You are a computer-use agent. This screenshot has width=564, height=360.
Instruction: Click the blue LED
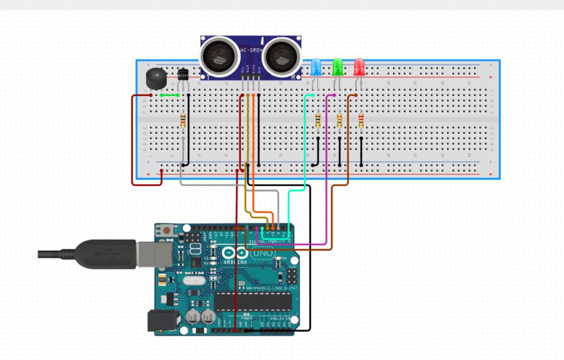click(x=316, y=67)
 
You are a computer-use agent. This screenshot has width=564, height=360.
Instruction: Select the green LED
click(x=338, y=67)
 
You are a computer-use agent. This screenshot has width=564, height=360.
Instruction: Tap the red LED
click(x=359, y=67)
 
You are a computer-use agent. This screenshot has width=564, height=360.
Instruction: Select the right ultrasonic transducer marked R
click(x=282, y=55)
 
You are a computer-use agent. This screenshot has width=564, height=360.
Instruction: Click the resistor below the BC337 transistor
click(x=183, y=120)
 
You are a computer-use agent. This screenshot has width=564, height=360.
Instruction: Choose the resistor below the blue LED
click(x=318, y=119)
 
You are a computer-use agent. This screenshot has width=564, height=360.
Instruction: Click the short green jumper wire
click(x=169, y=95)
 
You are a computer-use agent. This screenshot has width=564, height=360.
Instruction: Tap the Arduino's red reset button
click(x=167, y=231)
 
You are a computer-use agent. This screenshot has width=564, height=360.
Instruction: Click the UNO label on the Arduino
click(x=263, y=253)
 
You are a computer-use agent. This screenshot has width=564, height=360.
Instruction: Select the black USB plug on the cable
click(x=106, y=254)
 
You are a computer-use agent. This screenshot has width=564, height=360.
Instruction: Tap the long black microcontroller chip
click(x=253, y=301)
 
